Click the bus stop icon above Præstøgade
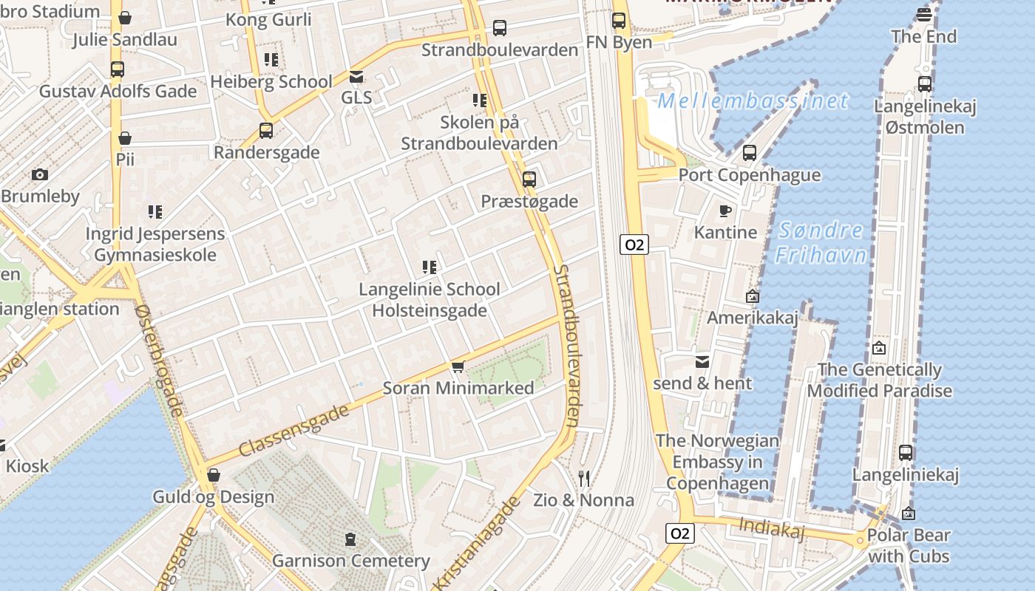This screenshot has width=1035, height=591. click(x=529, y=179)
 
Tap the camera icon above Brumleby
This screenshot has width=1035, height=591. click(x=40, y=175)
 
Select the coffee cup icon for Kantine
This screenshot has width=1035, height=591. click(x=725, y=211)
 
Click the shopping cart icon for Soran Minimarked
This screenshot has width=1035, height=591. click(x=458, y=367)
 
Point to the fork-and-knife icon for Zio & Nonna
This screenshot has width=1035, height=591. click(x=584, y=479)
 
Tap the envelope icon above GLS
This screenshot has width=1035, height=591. click(x=356, y=77)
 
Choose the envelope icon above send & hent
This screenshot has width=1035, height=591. click(x=702, y=362)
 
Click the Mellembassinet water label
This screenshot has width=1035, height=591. click(x=753, y=100)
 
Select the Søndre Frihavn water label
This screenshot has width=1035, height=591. click(x=821, y=242)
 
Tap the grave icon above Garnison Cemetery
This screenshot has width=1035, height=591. click(x=350, y=539)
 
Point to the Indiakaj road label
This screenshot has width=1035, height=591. click(x=771, y=527)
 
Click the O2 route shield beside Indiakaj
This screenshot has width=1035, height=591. click(x=680, y=533)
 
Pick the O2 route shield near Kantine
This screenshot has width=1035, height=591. click(x=634, y=245)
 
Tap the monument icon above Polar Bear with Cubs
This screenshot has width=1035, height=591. click(x=908, y=513)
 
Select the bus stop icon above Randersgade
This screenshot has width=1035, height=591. click(x=266, y=131)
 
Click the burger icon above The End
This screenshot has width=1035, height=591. click(x=923, y=15)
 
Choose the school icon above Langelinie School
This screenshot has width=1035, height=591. click(x=429, y=267)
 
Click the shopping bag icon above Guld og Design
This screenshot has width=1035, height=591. click(x=214, y=475)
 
